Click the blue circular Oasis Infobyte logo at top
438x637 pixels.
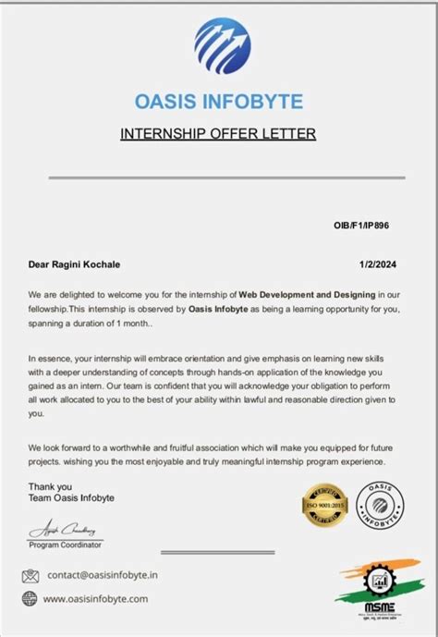coord(222,46)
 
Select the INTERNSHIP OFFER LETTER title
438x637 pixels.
coord(218,134)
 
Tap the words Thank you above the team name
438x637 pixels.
coord(48,486)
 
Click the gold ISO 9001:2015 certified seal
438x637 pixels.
coord(324,505)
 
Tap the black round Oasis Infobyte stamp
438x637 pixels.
coord(380,505)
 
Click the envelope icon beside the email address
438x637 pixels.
coord(30,575)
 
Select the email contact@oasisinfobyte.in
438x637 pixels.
coord(102,575)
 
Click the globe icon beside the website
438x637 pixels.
coord(30,599)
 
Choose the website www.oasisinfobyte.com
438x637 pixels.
coord(95,599)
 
